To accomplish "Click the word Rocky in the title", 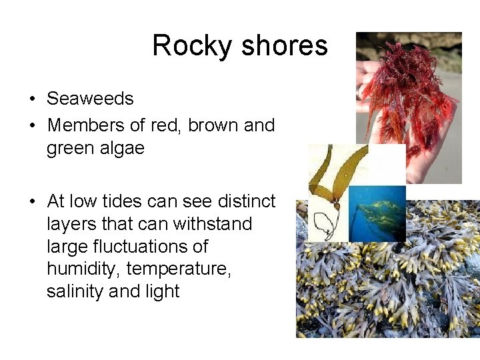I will click(x=192, y=46).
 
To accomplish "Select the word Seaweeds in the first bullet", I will click(x=90, y=99).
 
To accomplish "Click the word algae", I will click(x=123, y=148).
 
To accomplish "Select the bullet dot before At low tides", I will click(x=32, y=201).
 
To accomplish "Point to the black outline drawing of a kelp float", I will click(x=325, y=225).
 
